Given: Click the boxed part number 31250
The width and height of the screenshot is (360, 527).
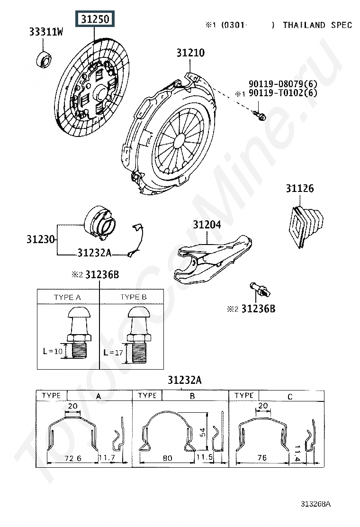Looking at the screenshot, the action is (95, 19).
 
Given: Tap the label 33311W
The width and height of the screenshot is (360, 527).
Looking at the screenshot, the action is (45, 32).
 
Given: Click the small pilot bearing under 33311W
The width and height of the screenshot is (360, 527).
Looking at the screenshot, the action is (44, 60).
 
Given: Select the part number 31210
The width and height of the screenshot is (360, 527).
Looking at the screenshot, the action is (190, 53).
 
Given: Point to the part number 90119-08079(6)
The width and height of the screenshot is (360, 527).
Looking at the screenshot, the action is (283, 84).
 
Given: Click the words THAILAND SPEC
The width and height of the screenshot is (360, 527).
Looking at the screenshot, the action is (318, 25).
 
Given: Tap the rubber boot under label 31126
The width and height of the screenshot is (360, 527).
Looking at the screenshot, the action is (306, 222).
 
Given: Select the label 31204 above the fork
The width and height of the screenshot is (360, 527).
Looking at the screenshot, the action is (207, 225).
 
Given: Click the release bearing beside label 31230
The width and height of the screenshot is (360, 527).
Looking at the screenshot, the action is (100, 222).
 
